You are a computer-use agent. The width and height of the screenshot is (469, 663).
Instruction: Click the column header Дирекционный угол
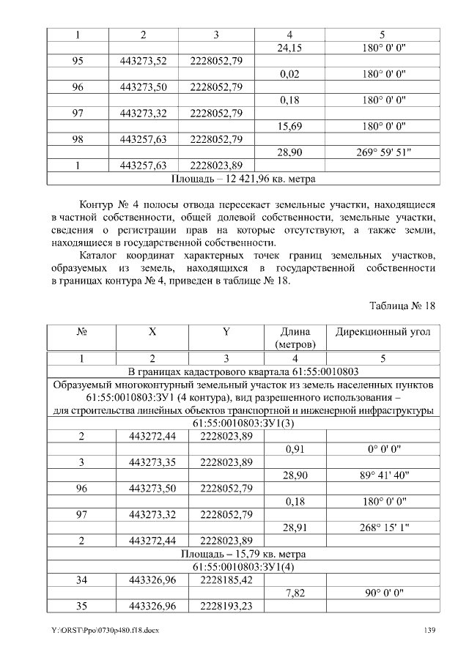(x=383, y=332)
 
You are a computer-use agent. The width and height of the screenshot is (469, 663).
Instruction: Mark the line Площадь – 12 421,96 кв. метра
(x=243, y=178)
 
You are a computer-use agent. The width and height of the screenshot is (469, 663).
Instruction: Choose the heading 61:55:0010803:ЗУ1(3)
(x=243, y=423)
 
